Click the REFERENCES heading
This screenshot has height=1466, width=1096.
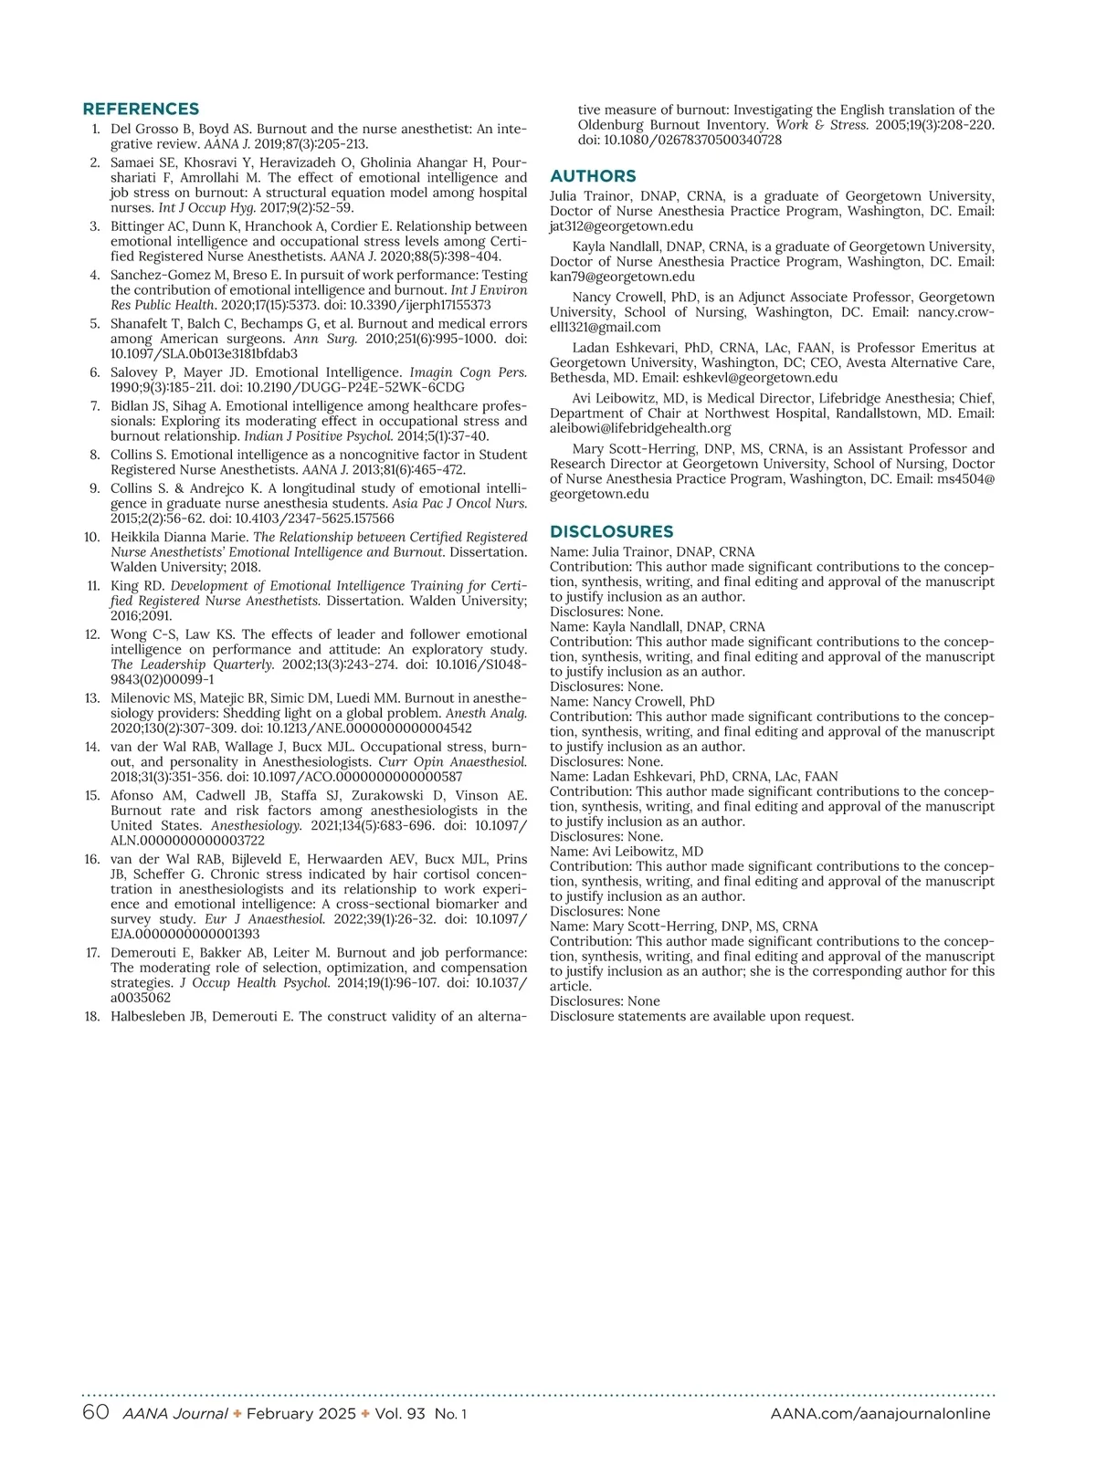(x=141, y=109)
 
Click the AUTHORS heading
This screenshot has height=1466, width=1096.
(x=593, y=176)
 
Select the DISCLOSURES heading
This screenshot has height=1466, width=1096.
(x=611, y=531)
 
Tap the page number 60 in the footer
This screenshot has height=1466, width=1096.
(x=96, y=1413)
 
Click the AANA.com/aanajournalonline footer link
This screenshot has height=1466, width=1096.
(x=880, y=1414)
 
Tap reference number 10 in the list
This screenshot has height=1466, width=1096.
(x=92, y=537)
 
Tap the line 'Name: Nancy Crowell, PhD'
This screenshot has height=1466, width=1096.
(x=632, y=702)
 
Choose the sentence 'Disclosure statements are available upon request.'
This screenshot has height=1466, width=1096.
(x=701, y=1016)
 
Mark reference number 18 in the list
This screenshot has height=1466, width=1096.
(x=92, y=1016)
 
